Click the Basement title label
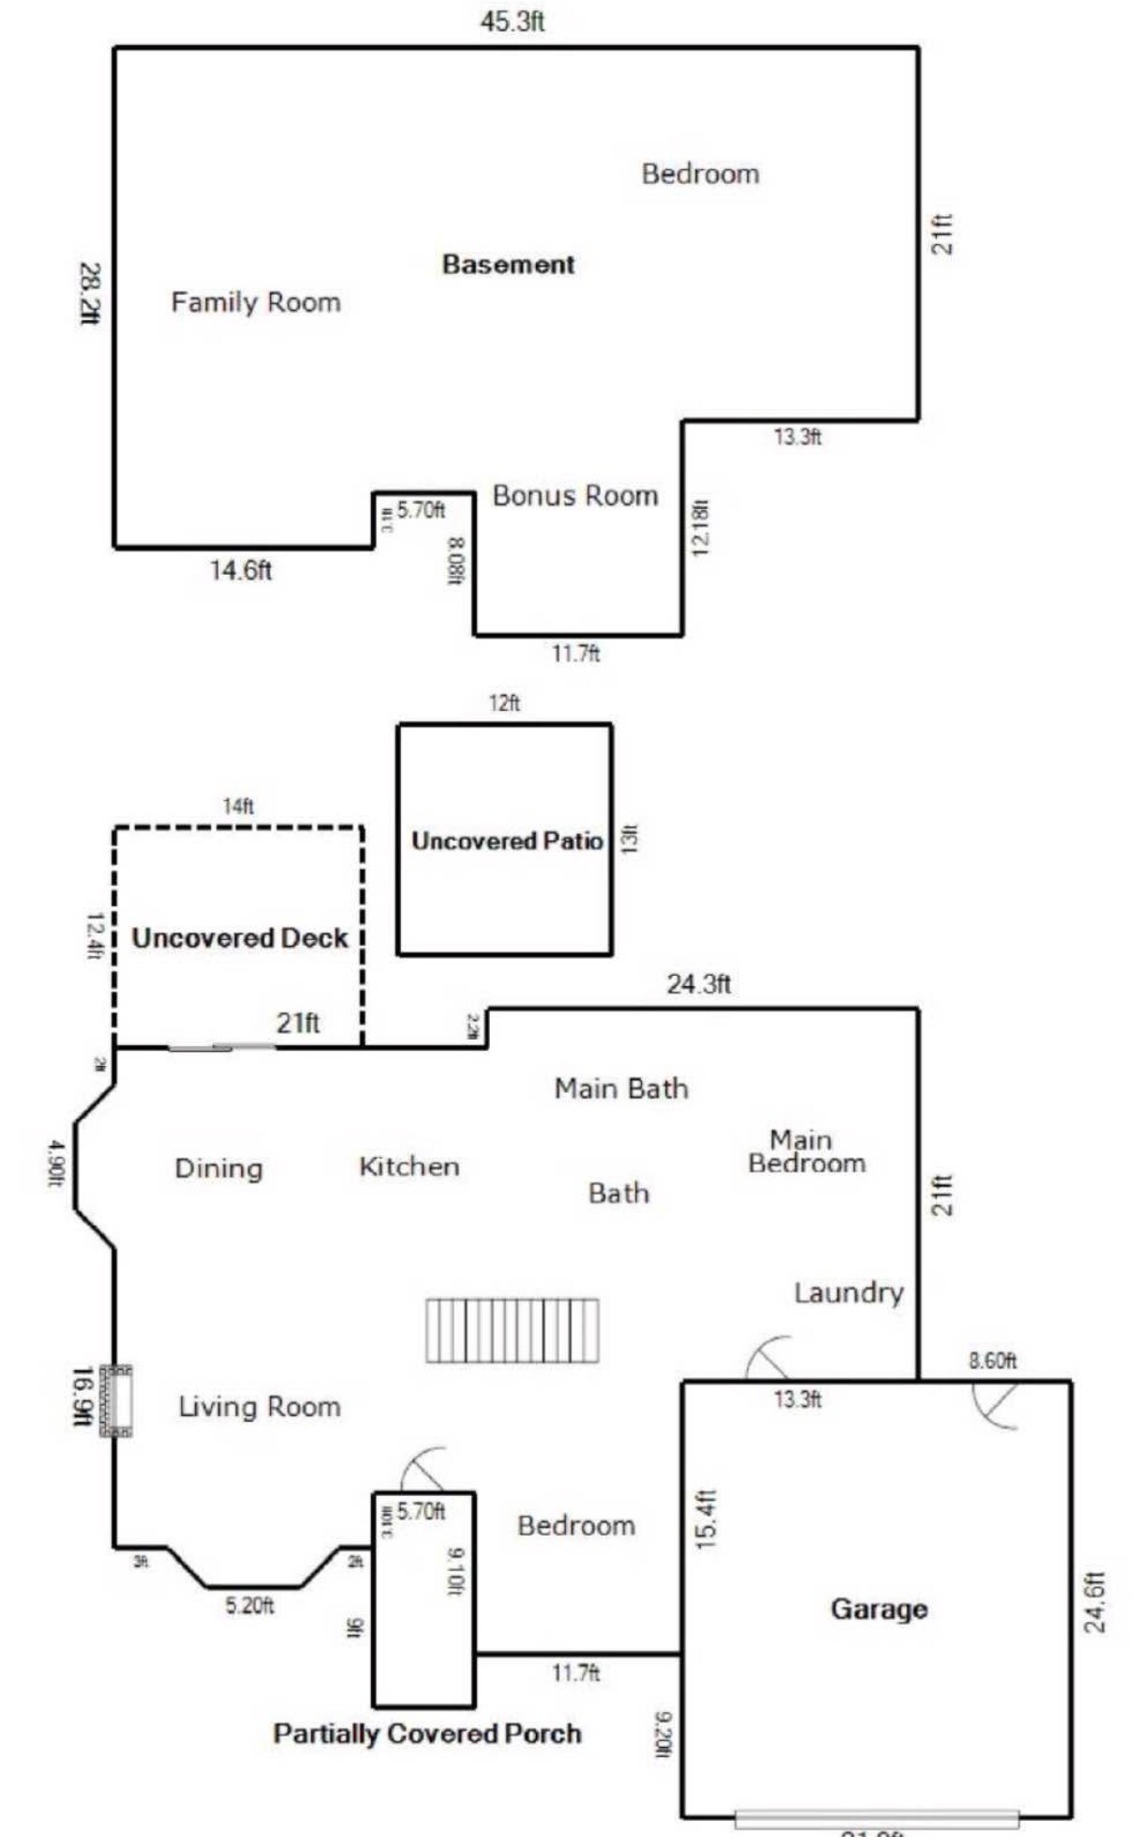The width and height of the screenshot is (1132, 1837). click(508, 264)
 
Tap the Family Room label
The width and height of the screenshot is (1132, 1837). click(255, 302)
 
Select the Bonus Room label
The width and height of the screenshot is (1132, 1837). click(574, 495)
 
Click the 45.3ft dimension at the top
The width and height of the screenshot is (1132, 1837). click(512, 22)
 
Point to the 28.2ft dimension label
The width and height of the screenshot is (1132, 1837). click(89, 293)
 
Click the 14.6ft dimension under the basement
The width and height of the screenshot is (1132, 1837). click(241, 570)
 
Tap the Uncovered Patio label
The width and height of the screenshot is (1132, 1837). click(506, 841)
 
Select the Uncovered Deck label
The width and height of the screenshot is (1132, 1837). click(239, 938)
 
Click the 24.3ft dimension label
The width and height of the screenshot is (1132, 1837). click(698, 983)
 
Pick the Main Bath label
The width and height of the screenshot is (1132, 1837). click(620, 1088)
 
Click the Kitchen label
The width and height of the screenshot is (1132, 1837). click(409, 1166)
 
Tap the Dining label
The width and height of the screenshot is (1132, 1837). click(219, 1168)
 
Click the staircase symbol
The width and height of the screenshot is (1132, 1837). click(512, 1330)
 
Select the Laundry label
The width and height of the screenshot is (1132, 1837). click(848, 1293)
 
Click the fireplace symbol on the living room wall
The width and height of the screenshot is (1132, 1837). click(116, 1400)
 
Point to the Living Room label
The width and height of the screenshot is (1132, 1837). click(259, 1407)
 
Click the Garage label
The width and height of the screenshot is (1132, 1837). click(879, 1609)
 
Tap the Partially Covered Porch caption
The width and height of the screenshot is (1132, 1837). click(427, 1733)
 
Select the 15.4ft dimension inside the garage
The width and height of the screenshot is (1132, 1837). click(706, 1519)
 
